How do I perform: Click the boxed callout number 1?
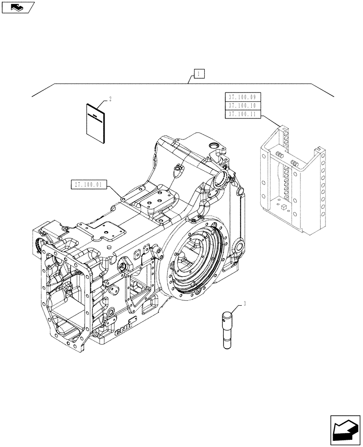199,73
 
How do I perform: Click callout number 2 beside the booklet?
110,98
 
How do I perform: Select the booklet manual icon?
96,124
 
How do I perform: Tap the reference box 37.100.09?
242,97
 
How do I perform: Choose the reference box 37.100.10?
242,105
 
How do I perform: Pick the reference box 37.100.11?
242,114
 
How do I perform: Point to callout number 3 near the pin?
245,304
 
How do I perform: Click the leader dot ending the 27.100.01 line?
122,198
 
